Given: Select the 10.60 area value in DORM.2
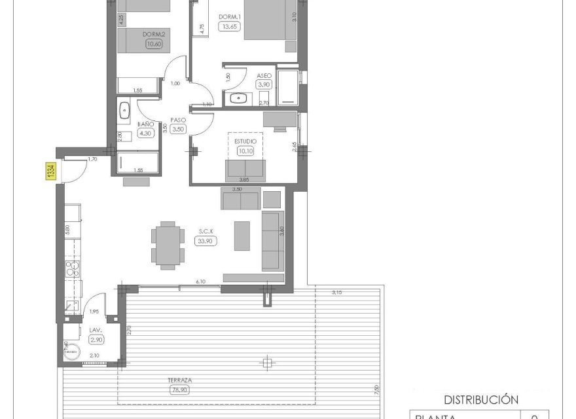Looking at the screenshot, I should (154, 45).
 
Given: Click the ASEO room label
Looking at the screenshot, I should (264, 75).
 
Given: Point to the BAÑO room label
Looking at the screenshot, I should (145, 124).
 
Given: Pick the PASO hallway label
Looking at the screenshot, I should (178, 120).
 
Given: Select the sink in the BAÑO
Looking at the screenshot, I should (124, 110).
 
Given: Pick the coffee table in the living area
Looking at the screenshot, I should (242, 236).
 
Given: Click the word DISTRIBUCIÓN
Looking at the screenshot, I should (481, 399).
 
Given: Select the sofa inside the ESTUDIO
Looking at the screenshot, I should (245, 170).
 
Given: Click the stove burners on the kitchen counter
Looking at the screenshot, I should (71, 268).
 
